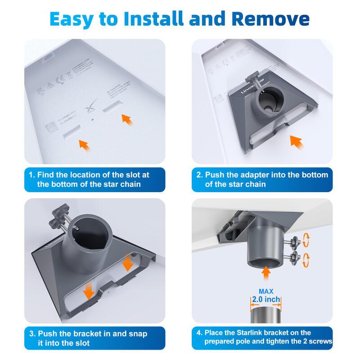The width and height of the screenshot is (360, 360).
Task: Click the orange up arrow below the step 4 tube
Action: point(266,271)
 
